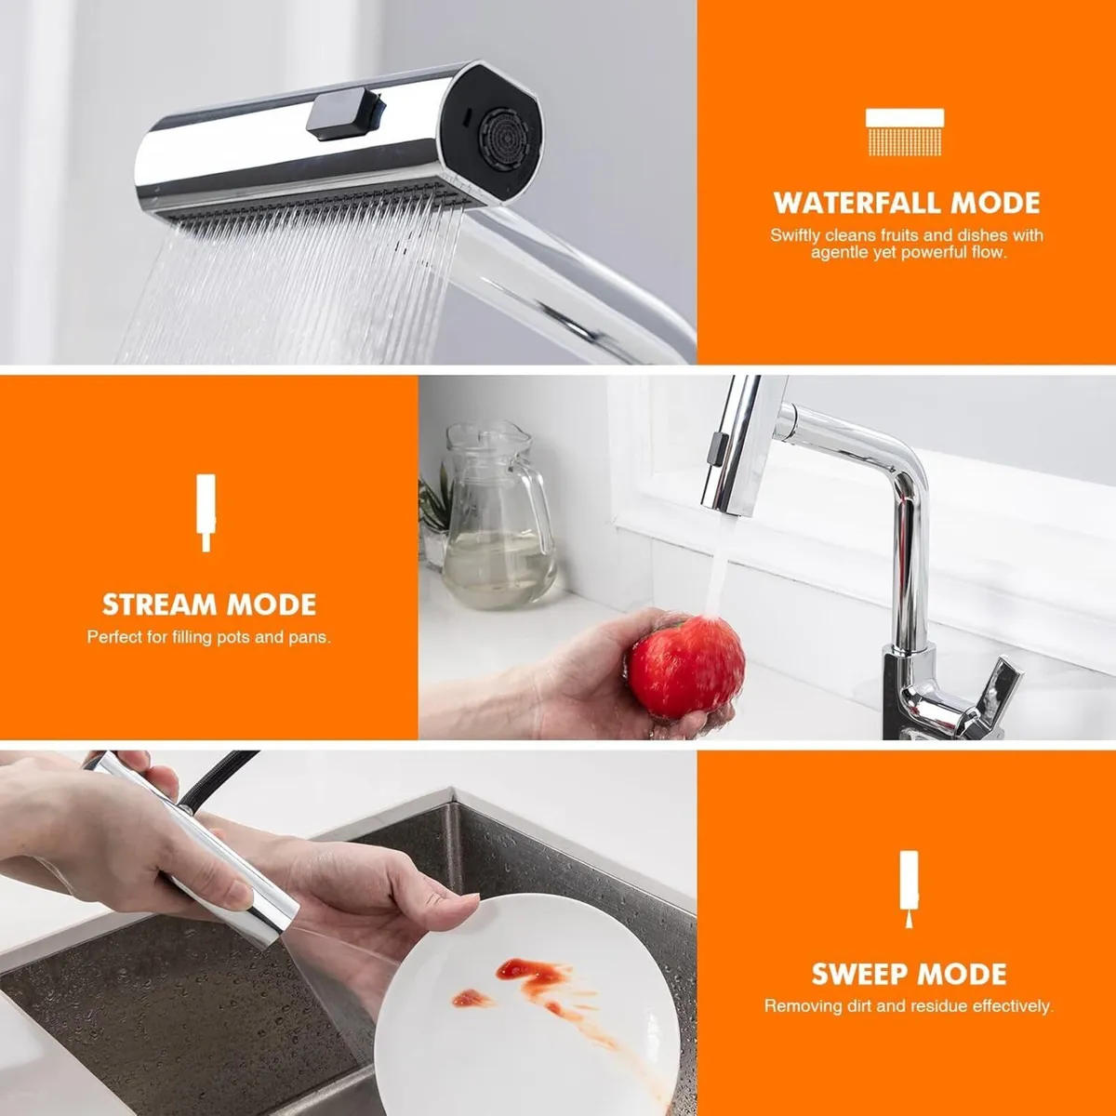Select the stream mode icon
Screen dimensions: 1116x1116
tap(206, 512)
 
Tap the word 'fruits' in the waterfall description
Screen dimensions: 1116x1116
tap(898, 235)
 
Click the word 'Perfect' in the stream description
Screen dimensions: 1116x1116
tap(114, 637)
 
